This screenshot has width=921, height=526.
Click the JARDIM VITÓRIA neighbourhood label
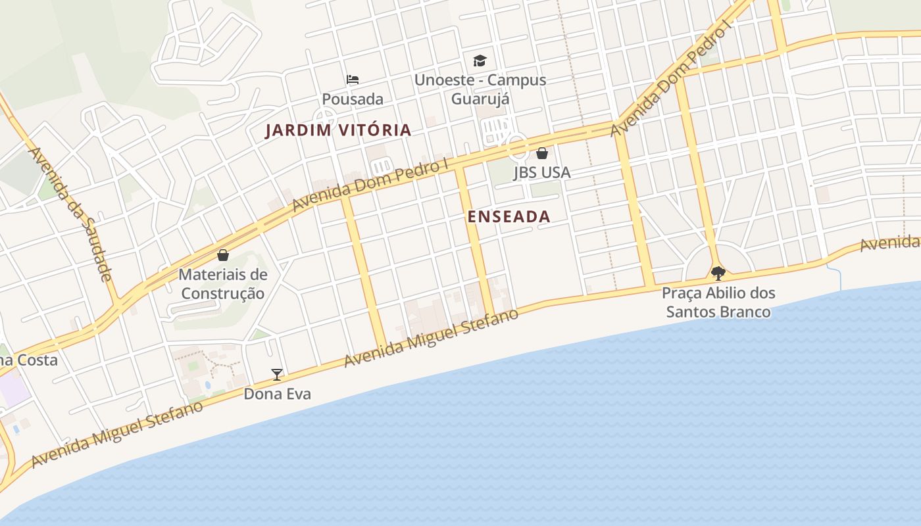338,130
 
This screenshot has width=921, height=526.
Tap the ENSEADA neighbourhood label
509,216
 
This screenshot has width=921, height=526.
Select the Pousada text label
352,99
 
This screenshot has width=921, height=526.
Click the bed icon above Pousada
353,80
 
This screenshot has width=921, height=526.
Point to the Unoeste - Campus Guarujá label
480,89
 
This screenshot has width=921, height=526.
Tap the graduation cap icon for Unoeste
480,60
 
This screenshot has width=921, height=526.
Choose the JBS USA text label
541,172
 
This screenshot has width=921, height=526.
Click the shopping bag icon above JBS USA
541,153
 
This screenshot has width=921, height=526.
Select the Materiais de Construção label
223,283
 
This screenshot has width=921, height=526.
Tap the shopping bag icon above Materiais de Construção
223,254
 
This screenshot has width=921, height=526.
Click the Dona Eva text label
277,394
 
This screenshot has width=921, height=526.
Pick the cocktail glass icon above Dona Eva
277,374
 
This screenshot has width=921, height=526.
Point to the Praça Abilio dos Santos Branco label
718,302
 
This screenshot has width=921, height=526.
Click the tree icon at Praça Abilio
718,273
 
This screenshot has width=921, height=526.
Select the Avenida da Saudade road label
70,214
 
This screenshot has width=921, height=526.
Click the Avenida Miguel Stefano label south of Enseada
431,339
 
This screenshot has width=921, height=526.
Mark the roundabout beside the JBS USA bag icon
517,146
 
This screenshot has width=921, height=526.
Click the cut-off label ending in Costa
29,360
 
